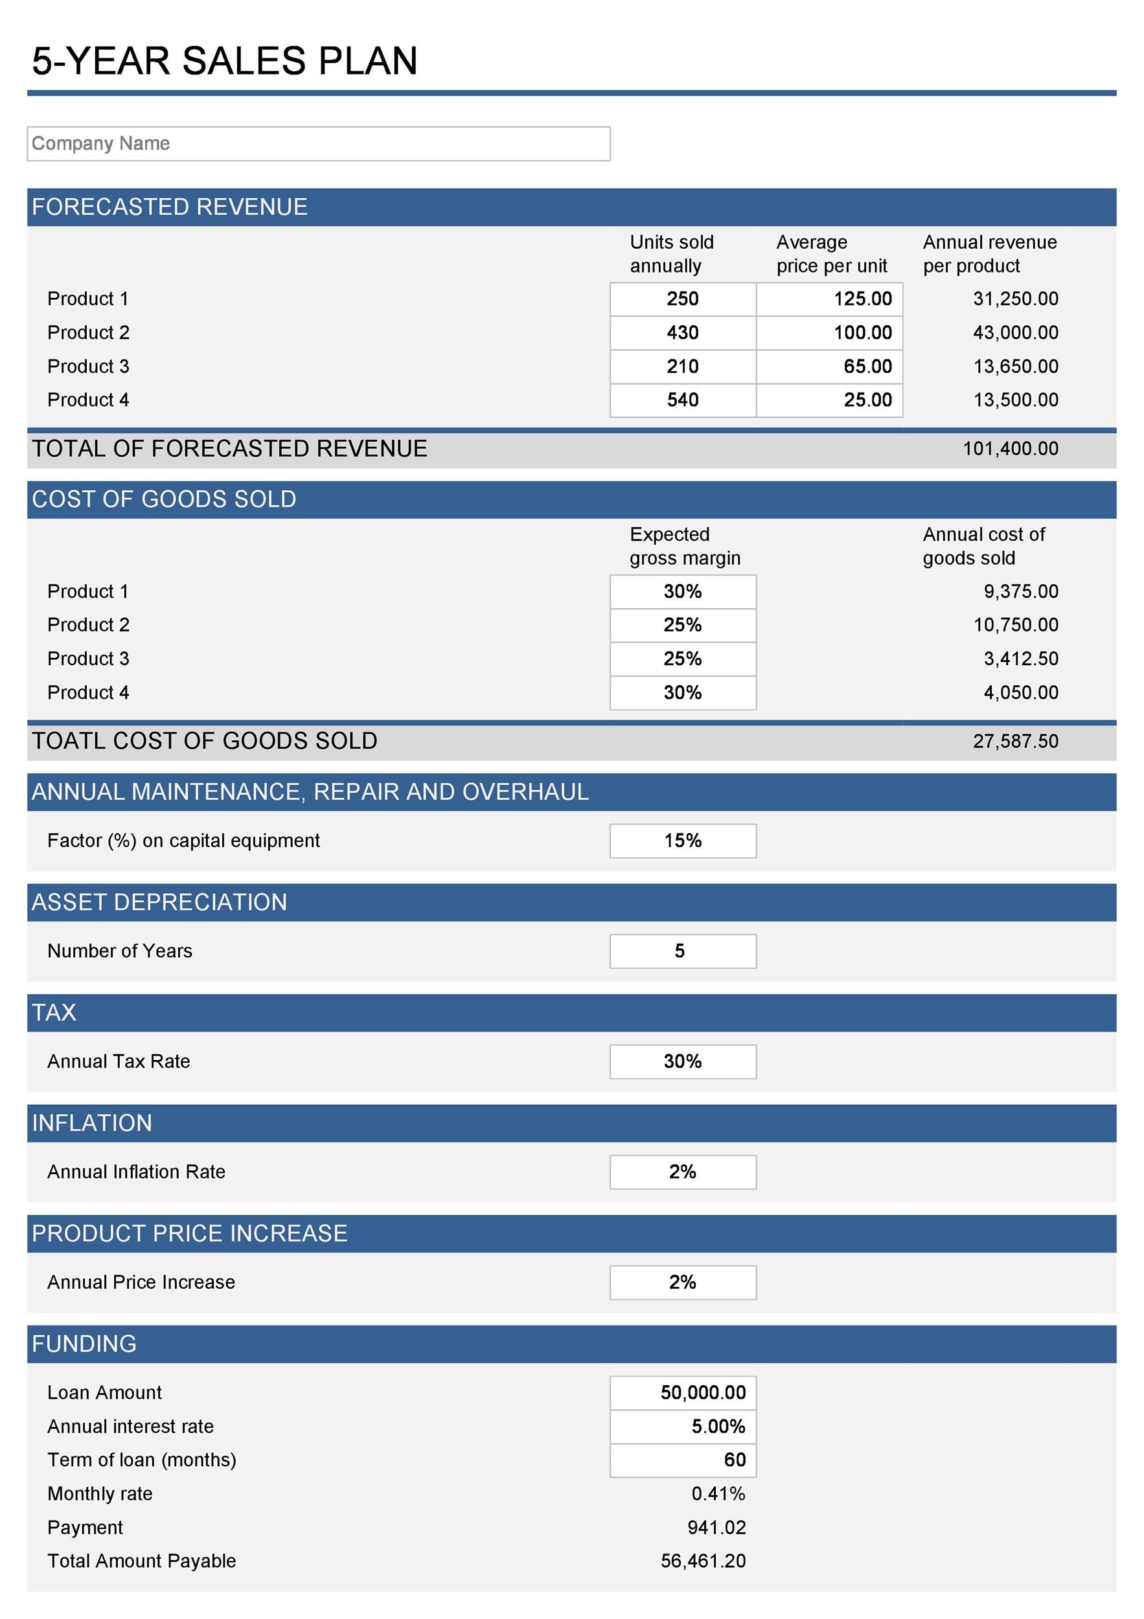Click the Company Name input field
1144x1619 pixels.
[318, 144]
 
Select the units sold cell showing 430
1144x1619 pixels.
[682, 333]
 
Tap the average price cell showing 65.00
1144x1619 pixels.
[829, 367]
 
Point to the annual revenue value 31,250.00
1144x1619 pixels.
[1015, 299]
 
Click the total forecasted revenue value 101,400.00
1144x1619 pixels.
[1010, 449]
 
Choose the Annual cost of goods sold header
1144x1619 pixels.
[983, 547]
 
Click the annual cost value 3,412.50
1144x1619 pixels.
[1020, 659]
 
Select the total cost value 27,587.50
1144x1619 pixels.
[1015, 741]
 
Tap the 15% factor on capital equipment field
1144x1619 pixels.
[682, 841]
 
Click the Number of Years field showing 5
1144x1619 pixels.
[682, 951]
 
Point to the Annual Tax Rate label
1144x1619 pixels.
[119, 1061]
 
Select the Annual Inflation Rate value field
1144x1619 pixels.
[682, 1172]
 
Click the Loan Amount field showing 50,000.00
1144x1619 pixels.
[682, 1392]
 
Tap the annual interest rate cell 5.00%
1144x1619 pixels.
[682, 1427]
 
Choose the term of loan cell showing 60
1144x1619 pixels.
[682, 1460]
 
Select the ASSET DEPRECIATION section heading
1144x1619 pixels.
[159, 903]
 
